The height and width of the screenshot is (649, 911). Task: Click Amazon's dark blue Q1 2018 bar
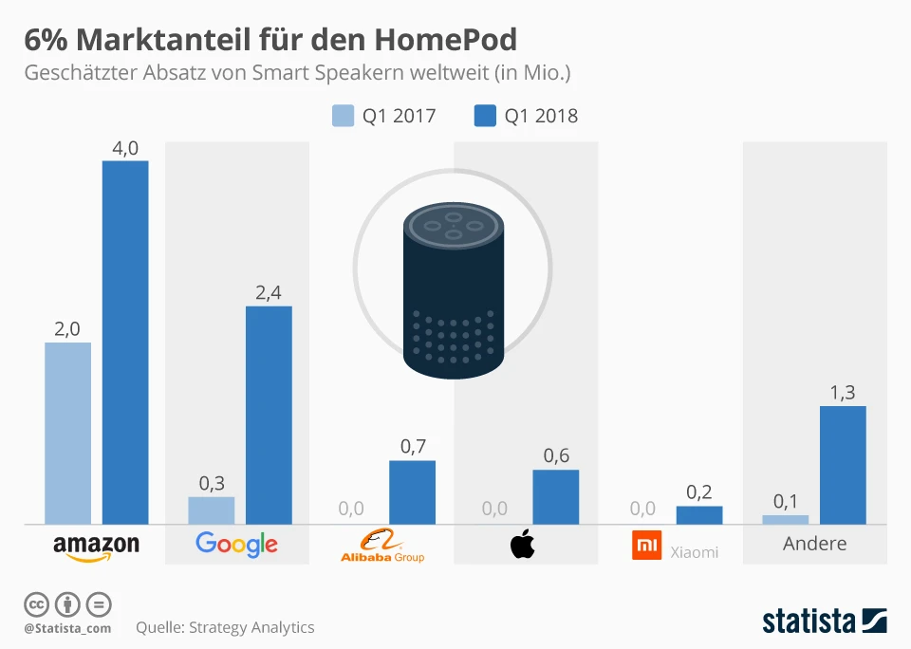pos(125,342)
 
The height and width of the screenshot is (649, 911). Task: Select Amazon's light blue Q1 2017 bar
pos(68,433)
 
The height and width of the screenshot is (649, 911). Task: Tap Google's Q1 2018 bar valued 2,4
pos(269,415)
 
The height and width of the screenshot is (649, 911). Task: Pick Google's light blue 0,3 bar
pos(212,510)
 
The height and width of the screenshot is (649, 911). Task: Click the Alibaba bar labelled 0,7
pos(412,492)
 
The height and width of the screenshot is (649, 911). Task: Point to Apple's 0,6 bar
pos(555,497)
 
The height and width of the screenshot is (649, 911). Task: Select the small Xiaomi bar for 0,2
pos(699,515)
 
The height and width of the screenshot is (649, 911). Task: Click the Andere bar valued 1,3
pos(843,465)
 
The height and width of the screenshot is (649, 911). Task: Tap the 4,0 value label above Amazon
pos(125,147)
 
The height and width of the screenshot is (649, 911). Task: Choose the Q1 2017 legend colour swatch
pos(343,116)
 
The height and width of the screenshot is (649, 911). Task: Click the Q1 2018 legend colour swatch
pos(485,116)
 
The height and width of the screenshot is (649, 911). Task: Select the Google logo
pos(236,544)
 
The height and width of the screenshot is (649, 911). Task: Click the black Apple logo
pos(523,546)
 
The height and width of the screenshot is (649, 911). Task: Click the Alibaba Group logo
pos(381,546)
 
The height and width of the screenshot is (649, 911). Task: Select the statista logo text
pos(809,621)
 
